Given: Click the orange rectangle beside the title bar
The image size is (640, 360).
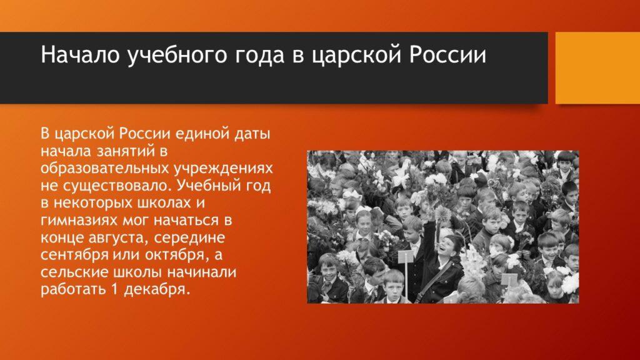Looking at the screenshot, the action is (x=597, y=67).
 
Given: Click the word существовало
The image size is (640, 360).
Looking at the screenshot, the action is (x=112, y=186).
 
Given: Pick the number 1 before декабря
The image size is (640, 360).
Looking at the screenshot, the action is (x=114, y=289).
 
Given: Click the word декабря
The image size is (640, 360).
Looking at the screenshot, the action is (x=156, y=290).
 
